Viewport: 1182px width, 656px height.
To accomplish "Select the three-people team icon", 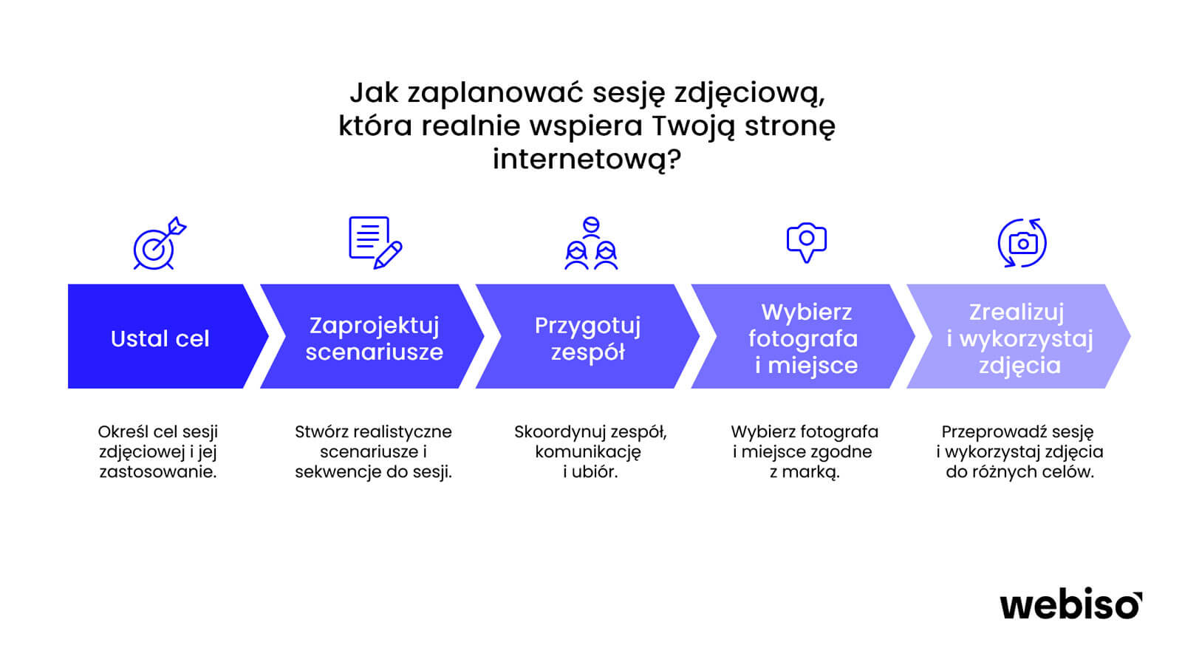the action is click(x=591, y=243).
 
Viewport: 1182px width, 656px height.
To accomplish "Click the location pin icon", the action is click(x=806, y=242).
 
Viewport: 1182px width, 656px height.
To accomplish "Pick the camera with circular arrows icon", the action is click(x=1022, y=243).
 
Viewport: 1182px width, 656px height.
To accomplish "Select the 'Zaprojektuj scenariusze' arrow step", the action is click(x=372, y=336).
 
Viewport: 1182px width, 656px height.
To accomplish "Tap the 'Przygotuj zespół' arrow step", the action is click(x=587, y=336).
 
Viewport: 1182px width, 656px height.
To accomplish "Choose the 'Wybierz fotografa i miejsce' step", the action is click(x=803, y=336).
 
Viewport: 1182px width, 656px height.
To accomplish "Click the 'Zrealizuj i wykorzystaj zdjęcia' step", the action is click(x=1019, y=336).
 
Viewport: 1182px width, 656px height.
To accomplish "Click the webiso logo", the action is click(x=1070, y=604).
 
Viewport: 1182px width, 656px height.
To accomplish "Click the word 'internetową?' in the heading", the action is click(x=587, y=159).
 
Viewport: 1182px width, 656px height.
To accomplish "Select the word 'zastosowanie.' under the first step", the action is click(x=158, y=471).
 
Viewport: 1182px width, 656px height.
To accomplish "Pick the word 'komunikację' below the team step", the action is click(x=588, y=452).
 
